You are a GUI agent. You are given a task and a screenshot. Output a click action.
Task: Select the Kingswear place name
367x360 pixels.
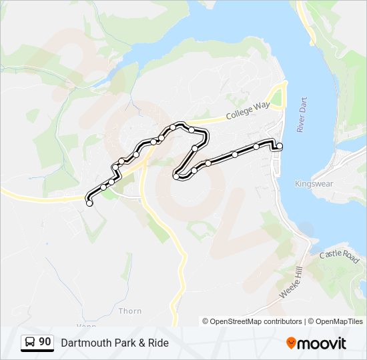[312, 183]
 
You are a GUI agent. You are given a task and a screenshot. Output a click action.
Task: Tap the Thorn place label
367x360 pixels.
[129, 311]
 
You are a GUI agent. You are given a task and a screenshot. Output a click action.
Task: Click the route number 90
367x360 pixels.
[45, 342]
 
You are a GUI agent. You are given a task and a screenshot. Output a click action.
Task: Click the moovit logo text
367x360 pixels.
[322, 343]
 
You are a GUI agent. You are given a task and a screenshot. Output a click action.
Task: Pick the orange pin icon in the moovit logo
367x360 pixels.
[291, 343]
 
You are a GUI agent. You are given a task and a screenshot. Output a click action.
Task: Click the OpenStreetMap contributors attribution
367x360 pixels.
[256, 321]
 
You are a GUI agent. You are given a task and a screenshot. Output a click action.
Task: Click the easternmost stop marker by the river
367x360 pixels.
[280, 146]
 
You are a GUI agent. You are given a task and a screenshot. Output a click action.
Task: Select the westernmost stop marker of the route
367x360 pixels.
[89, 204]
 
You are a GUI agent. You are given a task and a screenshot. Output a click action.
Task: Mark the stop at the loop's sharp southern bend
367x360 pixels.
[177, 177]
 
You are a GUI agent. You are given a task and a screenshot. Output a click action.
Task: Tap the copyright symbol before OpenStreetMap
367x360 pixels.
[206, 321]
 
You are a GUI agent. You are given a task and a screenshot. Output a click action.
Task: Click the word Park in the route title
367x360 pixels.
[121, 343]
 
